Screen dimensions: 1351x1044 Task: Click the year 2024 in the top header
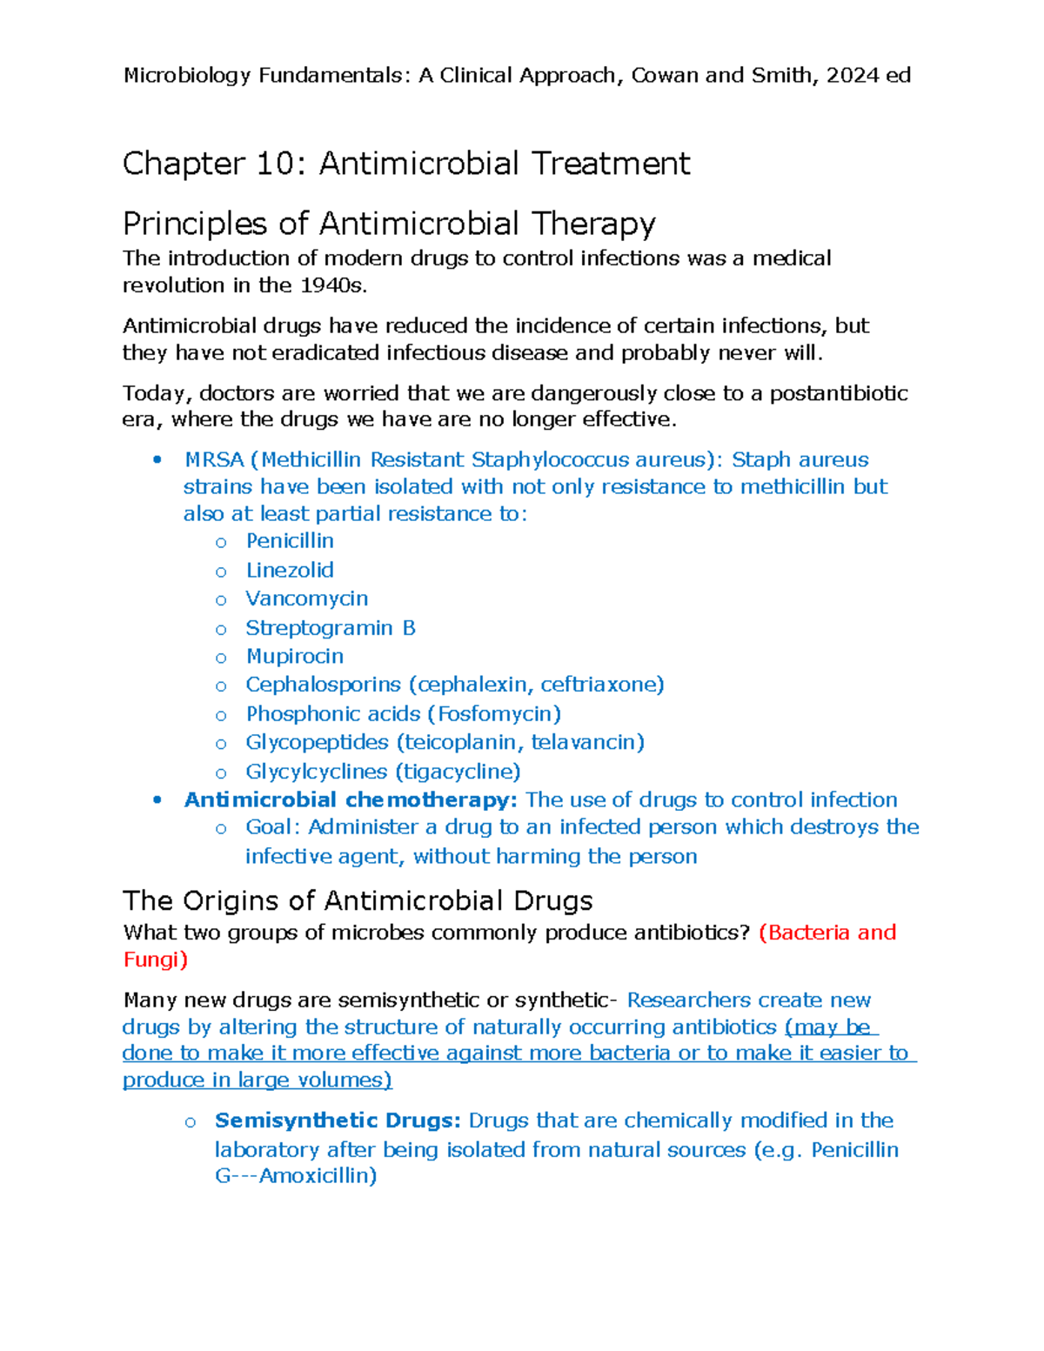coord(852,76)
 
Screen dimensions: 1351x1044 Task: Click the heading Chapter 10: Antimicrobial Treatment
coord(406,164)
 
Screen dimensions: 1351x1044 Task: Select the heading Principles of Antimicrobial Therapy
coord(389,224)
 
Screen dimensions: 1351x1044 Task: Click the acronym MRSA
coord(214,460)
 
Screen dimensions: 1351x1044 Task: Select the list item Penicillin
coord(290,541)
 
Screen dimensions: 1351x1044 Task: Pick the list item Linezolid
coord(290,570)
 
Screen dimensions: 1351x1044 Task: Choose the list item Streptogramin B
coord(330,628)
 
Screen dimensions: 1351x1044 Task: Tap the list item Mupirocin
coord(294,656)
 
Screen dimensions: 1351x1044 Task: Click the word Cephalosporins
coord(323,685)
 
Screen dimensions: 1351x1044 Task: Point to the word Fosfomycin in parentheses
coord(494,714)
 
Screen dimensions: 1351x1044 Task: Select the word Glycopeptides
coord(317,742)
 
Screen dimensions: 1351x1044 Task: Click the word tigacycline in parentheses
coord(458,772)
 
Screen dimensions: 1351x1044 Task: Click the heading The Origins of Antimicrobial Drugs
coord(358,900)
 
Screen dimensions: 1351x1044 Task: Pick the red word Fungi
coord(151,960)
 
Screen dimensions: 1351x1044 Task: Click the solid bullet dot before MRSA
coord(157,460)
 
